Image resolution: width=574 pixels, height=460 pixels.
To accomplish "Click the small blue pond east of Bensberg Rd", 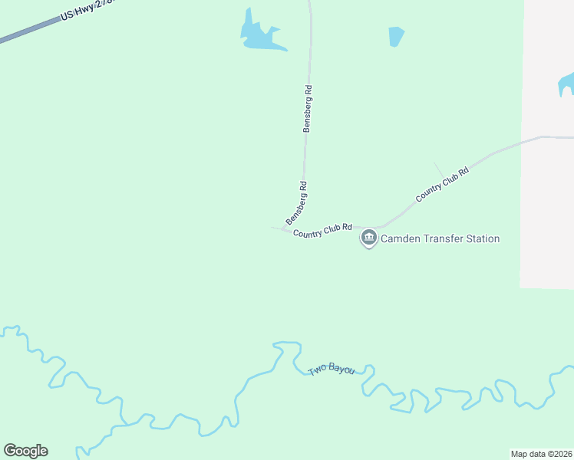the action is (396, 36).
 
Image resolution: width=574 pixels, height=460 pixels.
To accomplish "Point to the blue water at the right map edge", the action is (566, 83).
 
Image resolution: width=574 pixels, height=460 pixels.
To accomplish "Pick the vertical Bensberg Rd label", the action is (307, 110).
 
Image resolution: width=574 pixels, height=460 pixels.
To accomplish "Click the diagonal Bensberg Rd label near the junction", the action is (297, 202).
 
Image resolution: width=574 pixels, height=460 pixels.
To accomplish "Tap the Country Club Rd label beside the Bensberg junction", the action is (322, 229).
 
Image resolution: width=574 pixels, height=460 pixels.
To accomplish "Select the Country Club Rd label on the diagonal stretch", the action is (442, 185).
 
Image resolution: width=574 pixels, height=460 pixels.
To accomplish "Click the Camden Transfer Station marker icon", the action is (369, 238).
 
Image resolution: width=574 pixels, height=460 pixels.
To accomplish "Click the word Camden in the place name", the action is (404, 239).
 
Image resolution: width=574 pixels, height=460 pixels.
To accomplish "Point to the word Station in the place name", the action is (482, 239).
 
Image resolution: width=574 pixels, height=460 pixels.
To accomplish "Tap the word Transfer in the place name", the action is (444, 239).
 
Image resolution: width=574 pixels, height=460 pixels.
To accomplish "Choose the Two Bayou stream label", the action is (332, 370).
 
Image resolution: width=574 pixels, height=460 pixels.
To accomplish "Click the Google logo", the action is (25, 451).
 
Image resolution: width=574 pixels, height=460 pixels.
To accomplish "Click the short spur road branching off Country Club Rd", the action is (438, 168).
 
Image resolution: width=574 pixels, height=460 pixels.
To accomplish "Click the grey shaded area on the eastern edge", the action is (548, 192).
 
